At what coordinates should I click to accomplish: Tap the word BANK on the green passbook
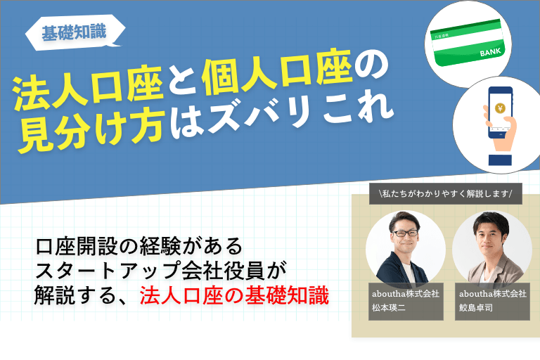490,52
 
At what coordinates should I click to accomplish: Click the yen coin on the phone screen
500,108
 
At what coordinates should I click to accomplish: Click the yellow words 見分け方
91,132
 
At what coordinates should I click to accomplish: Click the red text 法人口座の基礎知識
234,295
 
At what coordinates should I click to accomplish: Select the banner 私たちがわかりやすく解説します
446,193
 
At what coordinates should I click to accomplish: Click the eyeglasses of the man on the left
405,233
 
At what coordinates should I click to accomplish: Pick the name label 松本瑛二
388,308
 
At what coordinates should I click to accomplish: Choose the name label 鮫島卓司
475,308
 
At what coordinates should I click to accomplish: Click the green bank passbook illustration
468,43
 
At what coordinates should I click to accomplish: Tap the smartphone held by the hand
500,112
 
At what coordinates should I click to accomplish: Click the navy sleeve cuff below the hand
500,160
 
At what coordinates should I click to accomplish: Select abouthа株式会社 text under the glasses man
406,294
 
